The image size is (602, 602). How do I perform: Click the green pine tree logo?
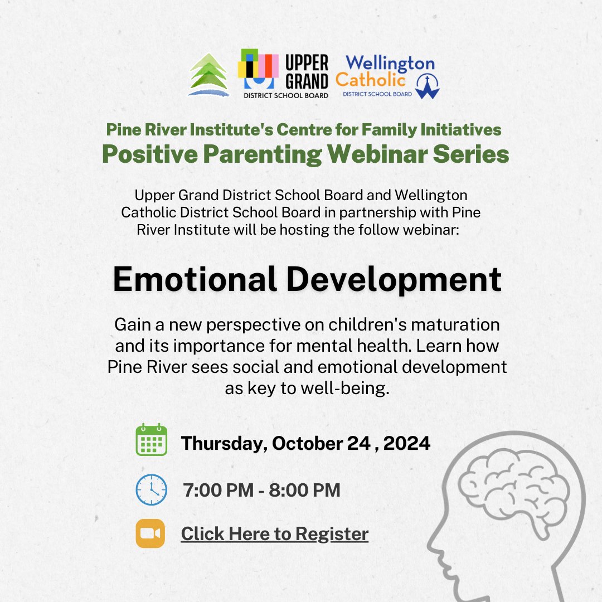208,75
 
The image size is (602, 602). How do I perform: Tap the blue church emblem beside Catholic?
428,85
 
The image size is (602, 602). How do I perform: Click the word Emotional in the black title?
195,279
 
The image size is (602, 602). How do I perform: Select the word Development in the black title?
395,279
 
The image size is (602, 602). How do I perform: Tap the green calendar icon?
152,440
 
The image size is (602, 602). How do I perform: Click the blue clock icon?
151,489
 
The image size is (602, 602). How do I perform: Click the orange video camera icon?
151,533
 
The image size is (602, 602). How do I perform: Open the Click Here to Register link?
275,534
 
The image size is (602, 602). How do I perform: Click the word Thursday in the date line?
225,444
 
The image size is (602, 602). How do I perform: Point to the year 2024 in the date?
406,444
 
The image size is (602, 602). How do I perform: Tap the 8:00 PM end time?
305,491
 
